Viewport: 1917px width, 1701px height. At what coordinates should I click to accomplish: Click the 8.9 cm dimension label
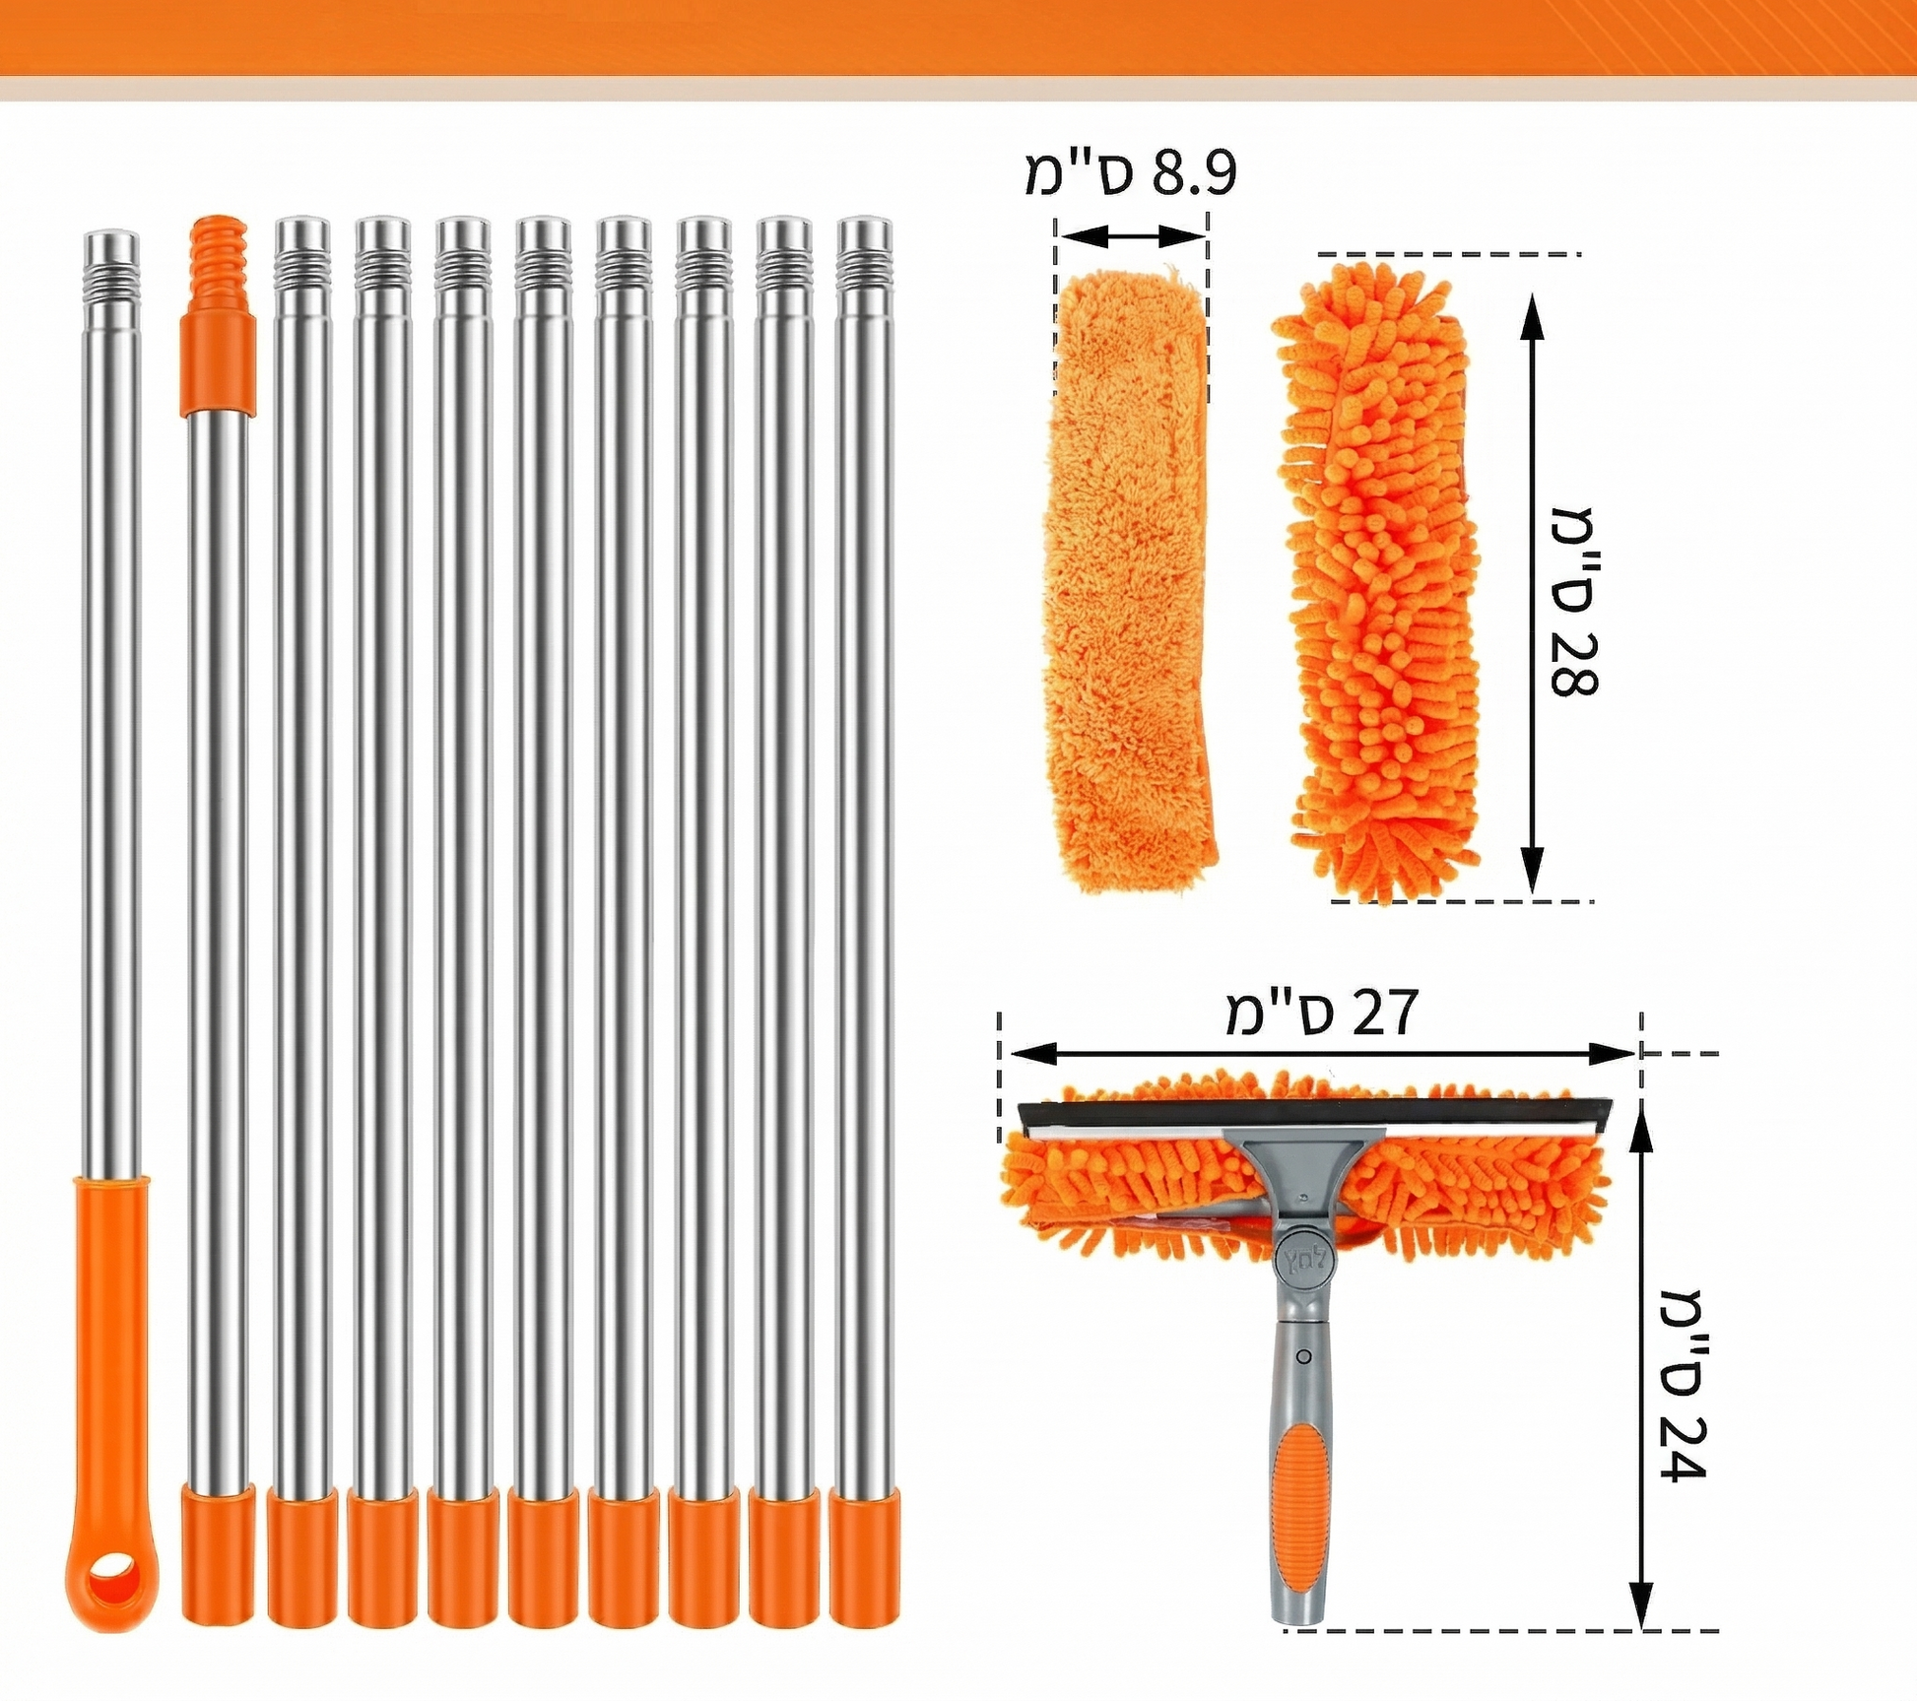coord(1130,174)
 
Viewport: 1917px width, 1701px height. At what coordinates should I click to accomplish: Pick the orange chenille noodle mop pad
coord(1379,581)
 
